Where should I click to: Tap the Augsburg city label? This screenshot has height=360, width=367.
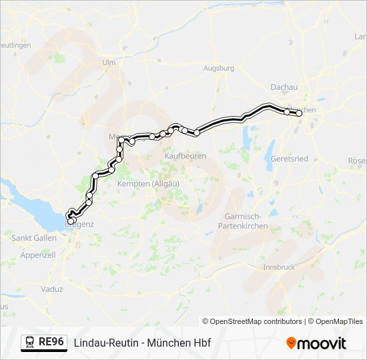219,68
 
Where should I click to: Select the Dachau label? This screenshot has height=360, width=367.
284,87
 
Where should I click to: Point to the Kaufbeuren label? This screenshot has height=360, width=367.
185,155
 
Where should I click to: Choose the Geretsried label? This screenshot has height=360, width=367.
290,159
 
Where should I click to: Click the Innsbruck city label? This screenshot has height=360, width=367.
278,267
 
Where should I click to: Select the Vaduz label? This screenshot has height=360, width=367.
51,289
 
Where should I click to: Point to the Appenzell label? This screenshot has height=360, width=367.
37,255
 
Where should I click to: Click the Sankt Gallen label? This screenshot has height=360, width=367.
33,237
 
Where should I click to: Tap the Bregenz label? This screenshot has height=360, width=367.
79,225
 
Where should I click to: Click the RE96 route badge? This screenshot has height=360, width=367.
51,342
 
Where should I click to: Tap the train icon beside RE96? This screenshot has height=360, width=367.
30,342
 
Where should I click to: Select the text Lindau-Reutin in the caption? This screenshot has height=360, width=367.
104,343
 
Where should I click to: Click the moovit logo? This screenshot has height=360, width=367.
316,343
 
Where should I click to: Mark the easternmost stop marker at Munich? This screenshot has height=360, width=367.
299,113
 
